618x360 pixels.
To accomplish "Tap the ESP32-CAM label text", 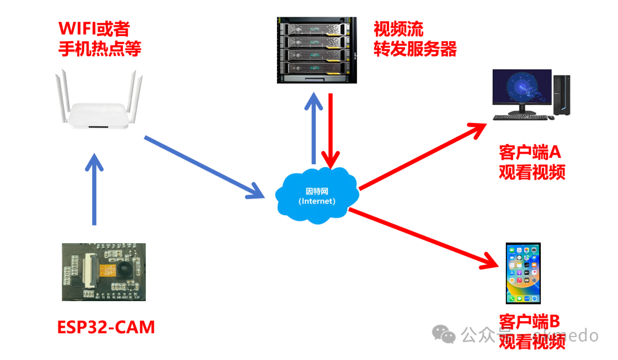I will pos(106,327).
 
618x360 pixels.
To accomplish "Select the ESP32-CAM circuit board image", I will pos(104,272).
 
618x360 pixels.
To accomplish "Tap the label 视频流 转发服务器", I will pos(415,39).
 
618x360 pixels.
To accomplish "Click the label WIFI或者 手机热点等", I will pos(100,39).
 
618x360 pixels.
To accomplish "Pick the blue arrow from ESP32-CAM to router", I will pos(94,189).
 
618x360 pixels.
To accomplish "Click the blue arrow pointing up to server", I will pos(313,129).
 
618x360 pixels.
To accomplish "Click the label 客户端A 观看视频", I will pos(532,162).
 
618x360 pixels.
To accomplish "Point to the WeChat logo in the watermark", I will pos(443,334).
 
